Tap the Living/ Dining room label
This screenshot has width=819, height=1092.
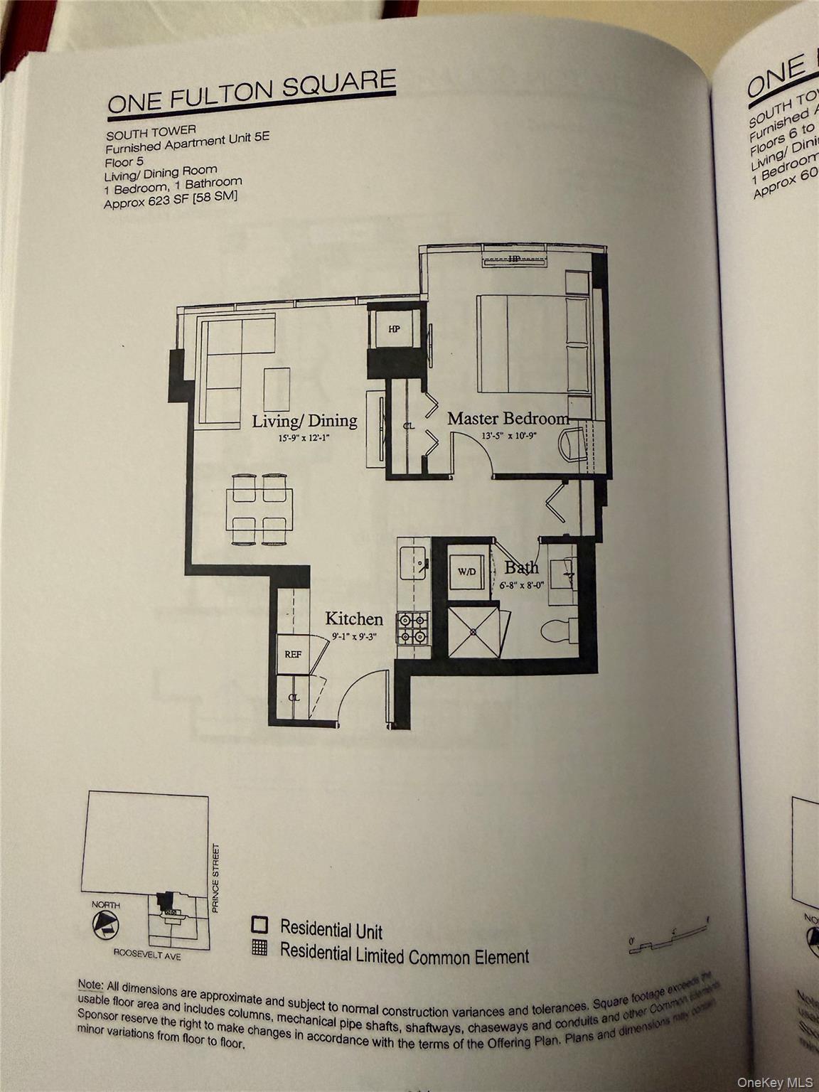(x=304, y=421)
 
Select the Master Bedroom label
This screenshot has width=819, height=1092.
(x=508, y=419)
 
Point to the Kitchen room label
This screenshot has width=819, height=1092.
(x=354, y=619)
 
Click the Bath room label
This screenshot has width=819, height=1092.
(x=521, y=567)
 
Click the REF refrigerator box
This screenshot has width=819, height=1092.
(x=292, y=653)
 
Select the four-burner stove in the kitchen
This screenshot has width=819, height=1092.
(x=413, y=628)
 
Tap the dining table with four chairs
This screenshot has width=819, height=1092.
(x=259, y=510)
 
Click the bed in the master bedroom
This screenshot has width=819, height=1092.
(x=533, y=343)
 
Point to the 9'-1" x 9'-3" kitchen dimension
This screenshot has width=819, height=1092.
(x=353, y=637)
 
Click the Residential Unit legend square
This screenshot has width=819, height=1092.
(x=259, y=925)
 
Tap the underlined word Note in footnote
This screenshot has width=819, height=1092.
(x=90, y=985)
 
